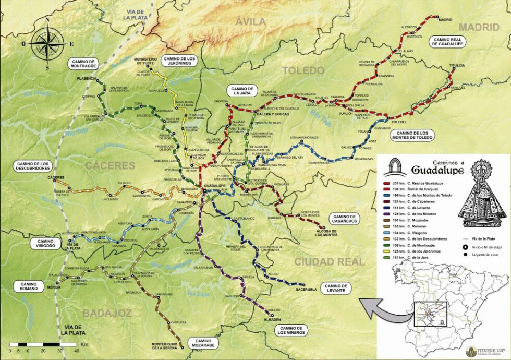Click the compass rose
[47, 44]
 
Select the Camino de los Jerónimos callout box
[179, 61]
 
